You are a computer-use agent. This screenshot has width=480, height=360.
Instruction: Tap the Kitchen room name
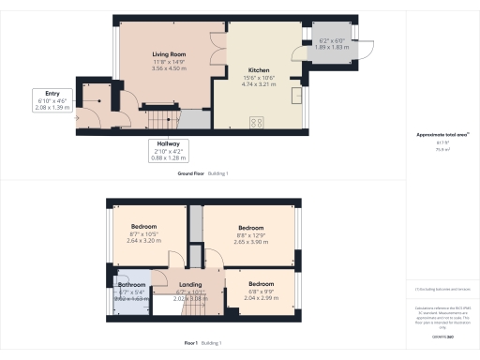(259, 70)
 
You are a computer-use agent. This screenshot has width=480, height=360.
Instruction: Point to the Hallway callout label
(170, 144)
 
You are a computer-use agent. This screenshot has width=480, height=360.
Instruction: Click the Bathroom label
(131, 284)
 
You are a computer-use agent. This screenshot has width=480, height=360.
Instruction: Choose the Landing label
(190, 284)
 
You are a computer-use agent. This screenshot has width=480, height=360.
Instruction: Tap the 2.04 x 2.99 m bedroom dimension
(262, 297)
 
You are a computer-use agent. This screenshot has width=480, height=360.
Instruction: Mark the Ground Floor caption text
(191, 174)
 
